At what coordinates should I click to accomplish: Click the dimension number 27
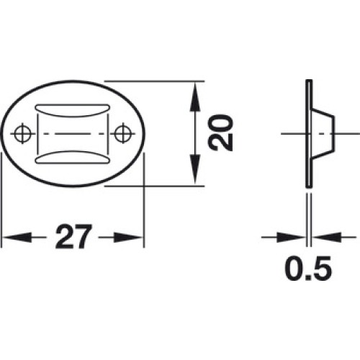point(73,236)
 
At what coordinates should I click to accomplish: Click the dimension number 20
point(221,133)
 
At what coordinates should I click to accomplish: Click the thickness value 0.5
point(308,269)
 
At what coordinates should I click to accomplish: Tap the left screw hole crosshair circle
point(22,133)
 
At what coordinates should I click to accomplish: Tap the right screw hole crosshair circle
point(123,133)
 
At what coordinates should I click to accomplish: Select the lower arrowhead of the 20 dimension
point(195,170)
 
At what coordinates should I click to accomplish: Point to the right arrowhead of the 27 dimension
point(128,238)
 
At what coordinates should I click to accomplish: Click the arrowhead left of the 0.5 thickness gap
point(292,238)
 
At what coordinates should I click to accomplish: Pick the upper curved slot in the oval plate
point(73,110)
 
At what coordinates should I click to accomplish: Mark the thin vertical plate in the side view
point(309,133)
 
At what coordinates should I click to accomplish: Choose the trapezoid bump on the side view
point(323,133)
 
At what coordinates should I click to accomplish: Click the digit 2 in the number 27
point(64,236)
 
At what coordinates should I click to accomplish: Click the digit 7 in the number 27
point(84,236)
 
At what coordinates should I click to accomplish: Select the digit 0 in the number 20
point(221,124)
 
